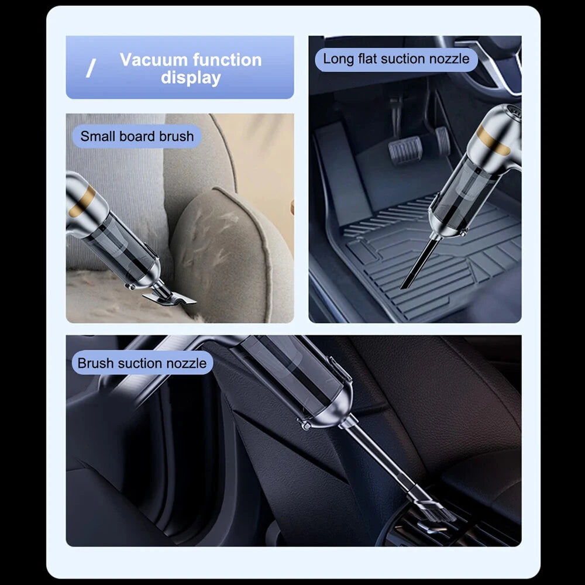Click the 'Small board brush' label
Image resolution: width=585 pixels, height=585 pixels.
click(x=137, y=136)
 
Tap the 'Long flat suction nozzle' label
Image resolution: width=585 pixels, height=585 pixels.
click(x=396, y=59)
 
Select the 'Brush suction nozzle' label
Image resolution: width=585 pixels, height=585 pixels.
click(x=142, y=363)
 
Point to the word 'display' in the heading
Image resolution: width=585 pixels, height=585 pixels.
click(x=191, y=78)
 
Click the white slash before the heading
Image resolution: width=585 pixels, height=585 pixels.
click(x=91, y=68)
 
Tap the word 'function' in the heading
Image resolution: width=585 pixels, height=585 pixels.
click(x=227, y=60)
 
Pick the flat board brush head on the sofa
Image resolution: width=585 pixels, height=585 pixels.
click(x=168, y=298)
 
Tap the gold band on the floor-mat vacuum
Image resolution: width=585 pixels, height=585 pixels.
click(x=493, y=140)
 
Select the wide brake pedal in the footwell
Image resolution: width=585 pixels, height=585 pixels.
click(x=405, y=149)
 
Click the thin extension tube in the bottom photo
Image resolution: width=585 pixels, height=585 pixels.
click(x=384, y=459)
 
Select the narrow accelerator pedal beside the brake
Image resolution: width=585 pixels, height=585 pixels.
click(x=442, y=140)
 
